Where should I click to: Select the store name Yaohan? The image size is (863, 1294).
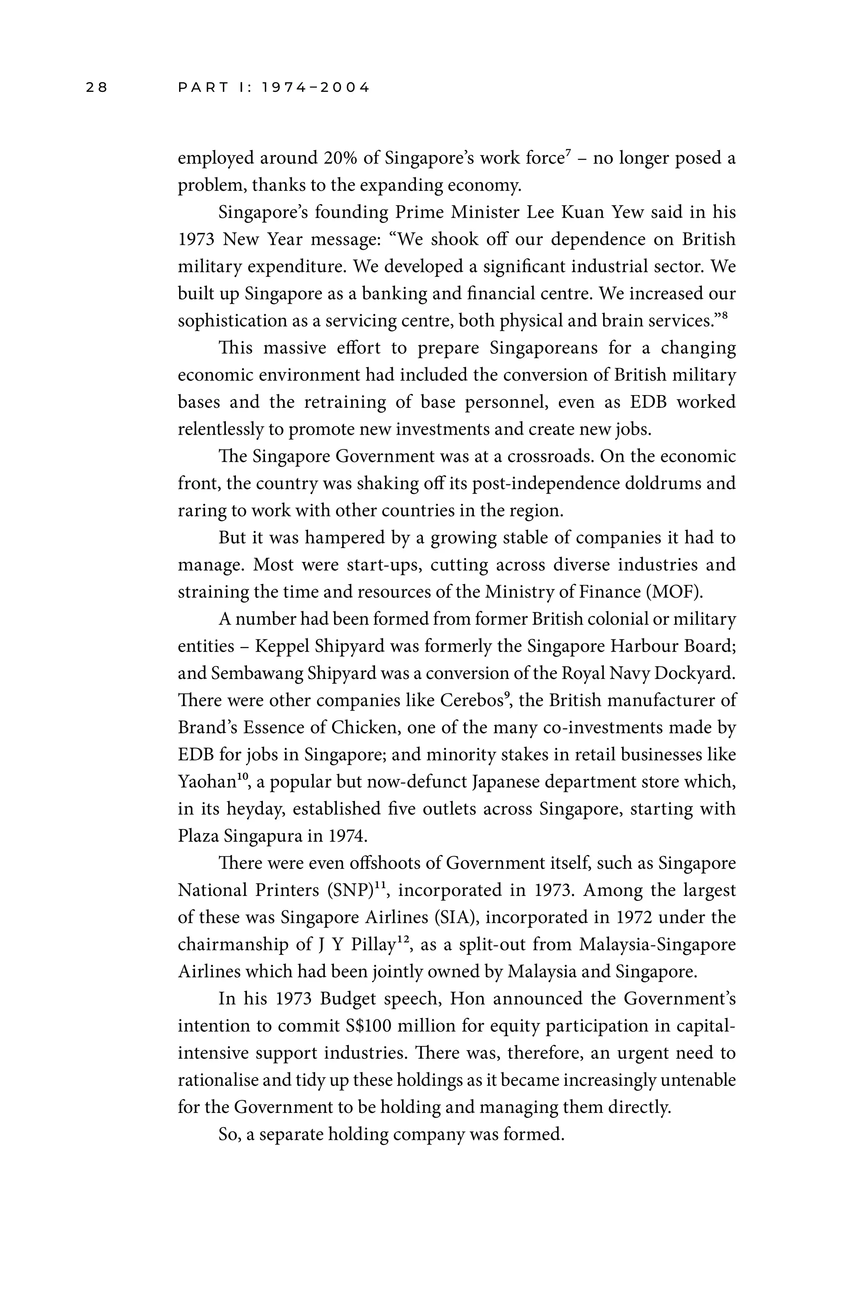click(206, 782)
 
